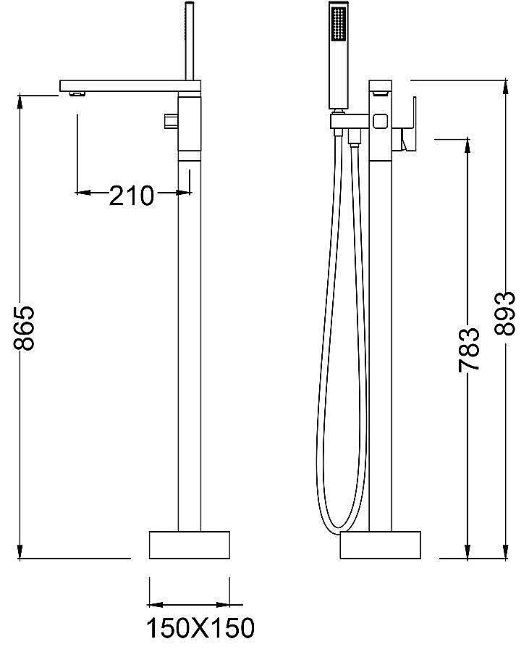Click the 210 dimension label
pyautogui.click(x=131, y=196)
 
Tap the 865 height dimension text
pyautogui.click(x=24, y=328)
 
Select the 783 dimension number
pyautogui.click(x=469, y=349)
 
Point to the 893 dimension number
pyautogui.click(x=504, y=313)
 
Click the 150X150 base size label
pyautogui.click(x=200, y=628)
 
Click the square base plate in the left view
pyautogui.click(x=190, y=545)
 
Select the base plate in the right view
pyautogui.click(x=381, y=545)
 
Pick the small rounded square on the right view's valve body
pyautogui.click(x=381, y=122)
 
